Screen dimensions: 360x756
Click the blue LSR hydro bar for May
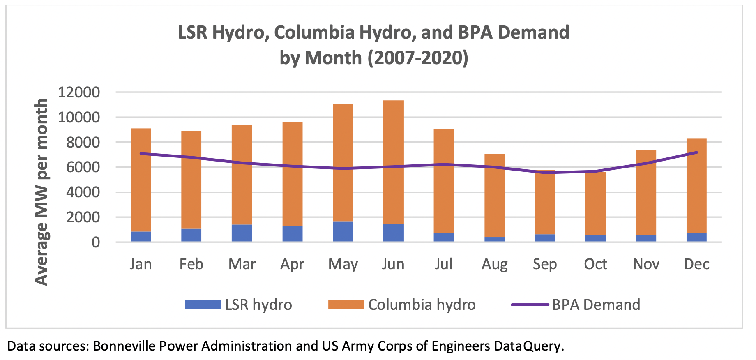tap(343, 231)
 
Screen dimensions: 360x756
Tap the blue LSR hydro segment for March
tap(242, 233)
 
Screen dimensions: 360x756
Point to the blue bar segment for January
tap(141, 236)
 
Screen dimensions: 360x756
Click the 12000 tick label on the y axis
tap(79, 92)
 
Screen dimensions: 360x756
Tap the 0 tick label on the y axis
tap(96, 242)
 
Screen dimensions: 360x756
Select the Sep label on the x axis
tap(545, 264)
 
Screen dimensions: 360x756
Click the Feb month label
tap(191, 264)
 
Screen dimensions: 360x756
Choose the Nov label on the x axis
tap(646, 264)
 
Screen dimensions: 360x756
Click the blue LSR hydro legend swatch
tap(203, 305)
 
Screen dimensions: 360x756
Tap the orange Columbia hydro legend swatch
tap(346, 305)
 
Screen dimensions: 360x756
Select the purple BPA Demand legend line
tap(530, 305)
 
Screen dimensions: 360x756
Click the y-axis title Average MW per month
tap(41, 192)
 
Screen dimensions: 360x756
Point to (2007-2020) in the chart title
tap(417, 58)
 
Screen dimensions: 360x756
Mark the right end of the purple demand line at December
tap(696, 152)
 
